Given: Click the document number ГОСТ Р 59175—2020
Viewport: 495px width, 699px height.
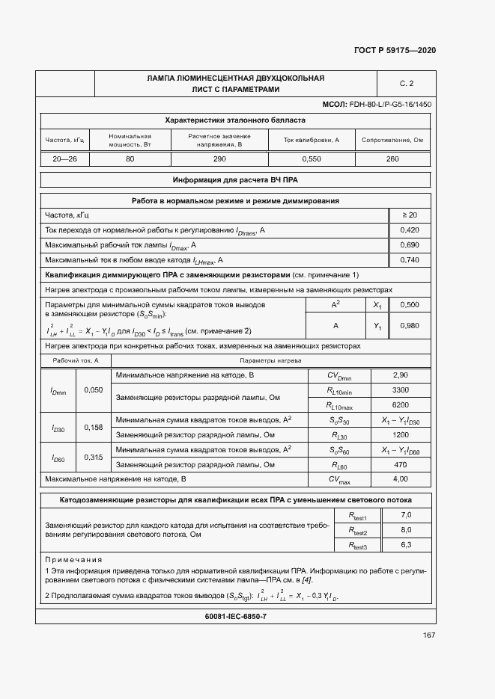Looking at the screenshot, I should (394, 50).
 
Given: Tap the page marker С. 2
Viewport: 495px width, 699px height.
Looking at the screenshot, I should (407, 83).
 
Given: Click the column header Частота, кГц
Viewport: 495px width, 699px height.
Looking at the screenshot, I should (66, 140).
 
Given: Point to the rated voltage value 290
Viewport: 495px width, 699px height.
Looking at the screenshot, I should (219, 159).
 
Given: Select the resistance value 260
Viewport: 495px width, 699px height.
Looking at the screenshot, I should (392, 159).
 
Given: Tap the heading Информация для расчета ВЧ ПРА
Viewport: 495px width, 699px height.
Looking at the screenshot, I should (236, 180).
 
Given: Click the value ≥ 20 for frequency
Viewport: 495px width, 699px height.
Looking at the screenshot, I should (410, 215).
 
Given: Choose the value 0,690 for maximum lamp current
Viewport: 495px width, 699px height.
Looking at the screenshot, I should (410, 245).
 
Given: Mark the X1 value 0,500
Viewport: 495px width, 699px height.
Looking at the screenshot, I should (410, 305).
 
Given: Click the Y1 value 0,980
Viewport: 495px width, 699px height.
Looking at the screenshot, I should (410, 326).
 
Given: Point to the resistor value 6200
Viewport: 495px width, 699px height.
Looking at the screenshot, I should (401, 404).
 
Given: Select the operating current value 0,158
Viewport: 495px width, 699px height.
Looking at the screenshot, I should (94, 428).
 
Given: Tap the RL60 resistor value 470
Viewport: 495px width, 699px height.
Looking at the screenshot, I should (401, 464).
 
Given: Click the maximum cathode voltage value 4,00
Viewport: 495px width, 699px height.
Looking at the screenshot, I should (401, 478).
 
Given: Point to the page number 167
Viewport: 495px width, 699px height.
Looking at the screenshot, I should (428, 635).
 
